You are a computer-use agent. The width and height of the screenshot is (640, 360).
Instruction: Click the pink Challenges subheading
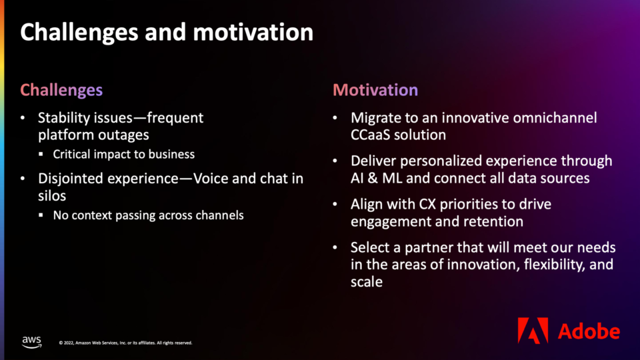61,90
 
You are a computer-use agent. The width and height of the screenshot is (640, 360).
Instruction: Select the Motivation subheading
375,90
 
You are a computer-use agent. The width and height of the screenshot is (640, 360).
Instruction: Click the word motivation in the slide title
253,32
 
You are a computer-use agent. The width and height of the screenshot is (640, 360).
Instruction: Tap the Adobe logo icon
533,330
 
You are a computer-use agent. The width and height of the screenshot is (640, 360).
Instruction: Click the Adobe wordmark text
589,331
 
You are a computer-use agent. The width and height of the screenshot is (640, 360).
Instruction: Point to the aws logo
31,342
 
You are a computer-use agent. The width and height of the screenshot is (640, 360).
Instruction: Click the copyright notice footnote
126,343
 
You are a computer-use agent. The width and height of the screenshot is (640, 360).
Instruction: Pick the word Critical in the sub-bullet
71,154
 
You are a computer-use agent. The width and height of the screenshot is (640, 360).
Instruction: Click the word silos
52,196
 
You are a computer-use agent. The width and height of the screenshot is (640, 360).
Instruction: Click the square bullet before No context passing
41,215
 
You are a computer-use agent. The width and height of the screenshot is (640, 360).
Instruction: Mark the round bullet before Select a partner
335,247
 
